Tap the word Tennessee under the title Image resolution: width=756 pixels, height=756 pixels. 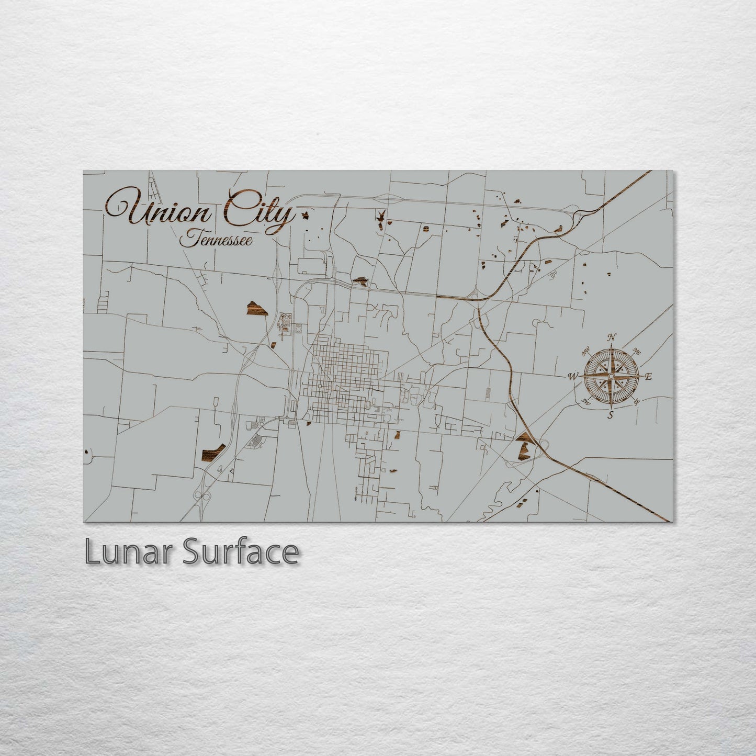[x=216, y=240]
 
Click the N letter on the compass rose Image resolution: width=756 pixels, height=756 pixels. [x=612, y=337]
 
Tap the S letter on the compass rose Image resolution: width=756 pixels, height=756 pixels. [x=610, y=416]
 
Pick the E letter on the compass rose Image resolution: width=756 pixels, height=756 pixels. [x=648, y=377]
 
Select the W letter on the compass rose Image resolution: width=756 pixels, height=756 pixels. [x=573, y=376]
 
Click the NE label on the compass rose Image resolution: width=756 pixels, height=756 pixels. [x=637, y=351]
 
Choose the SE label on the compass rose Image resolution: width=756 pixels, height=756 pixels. [x=636, y=402]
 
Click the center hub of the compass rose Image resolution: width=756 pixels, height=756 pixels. [x=611, y=376]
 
